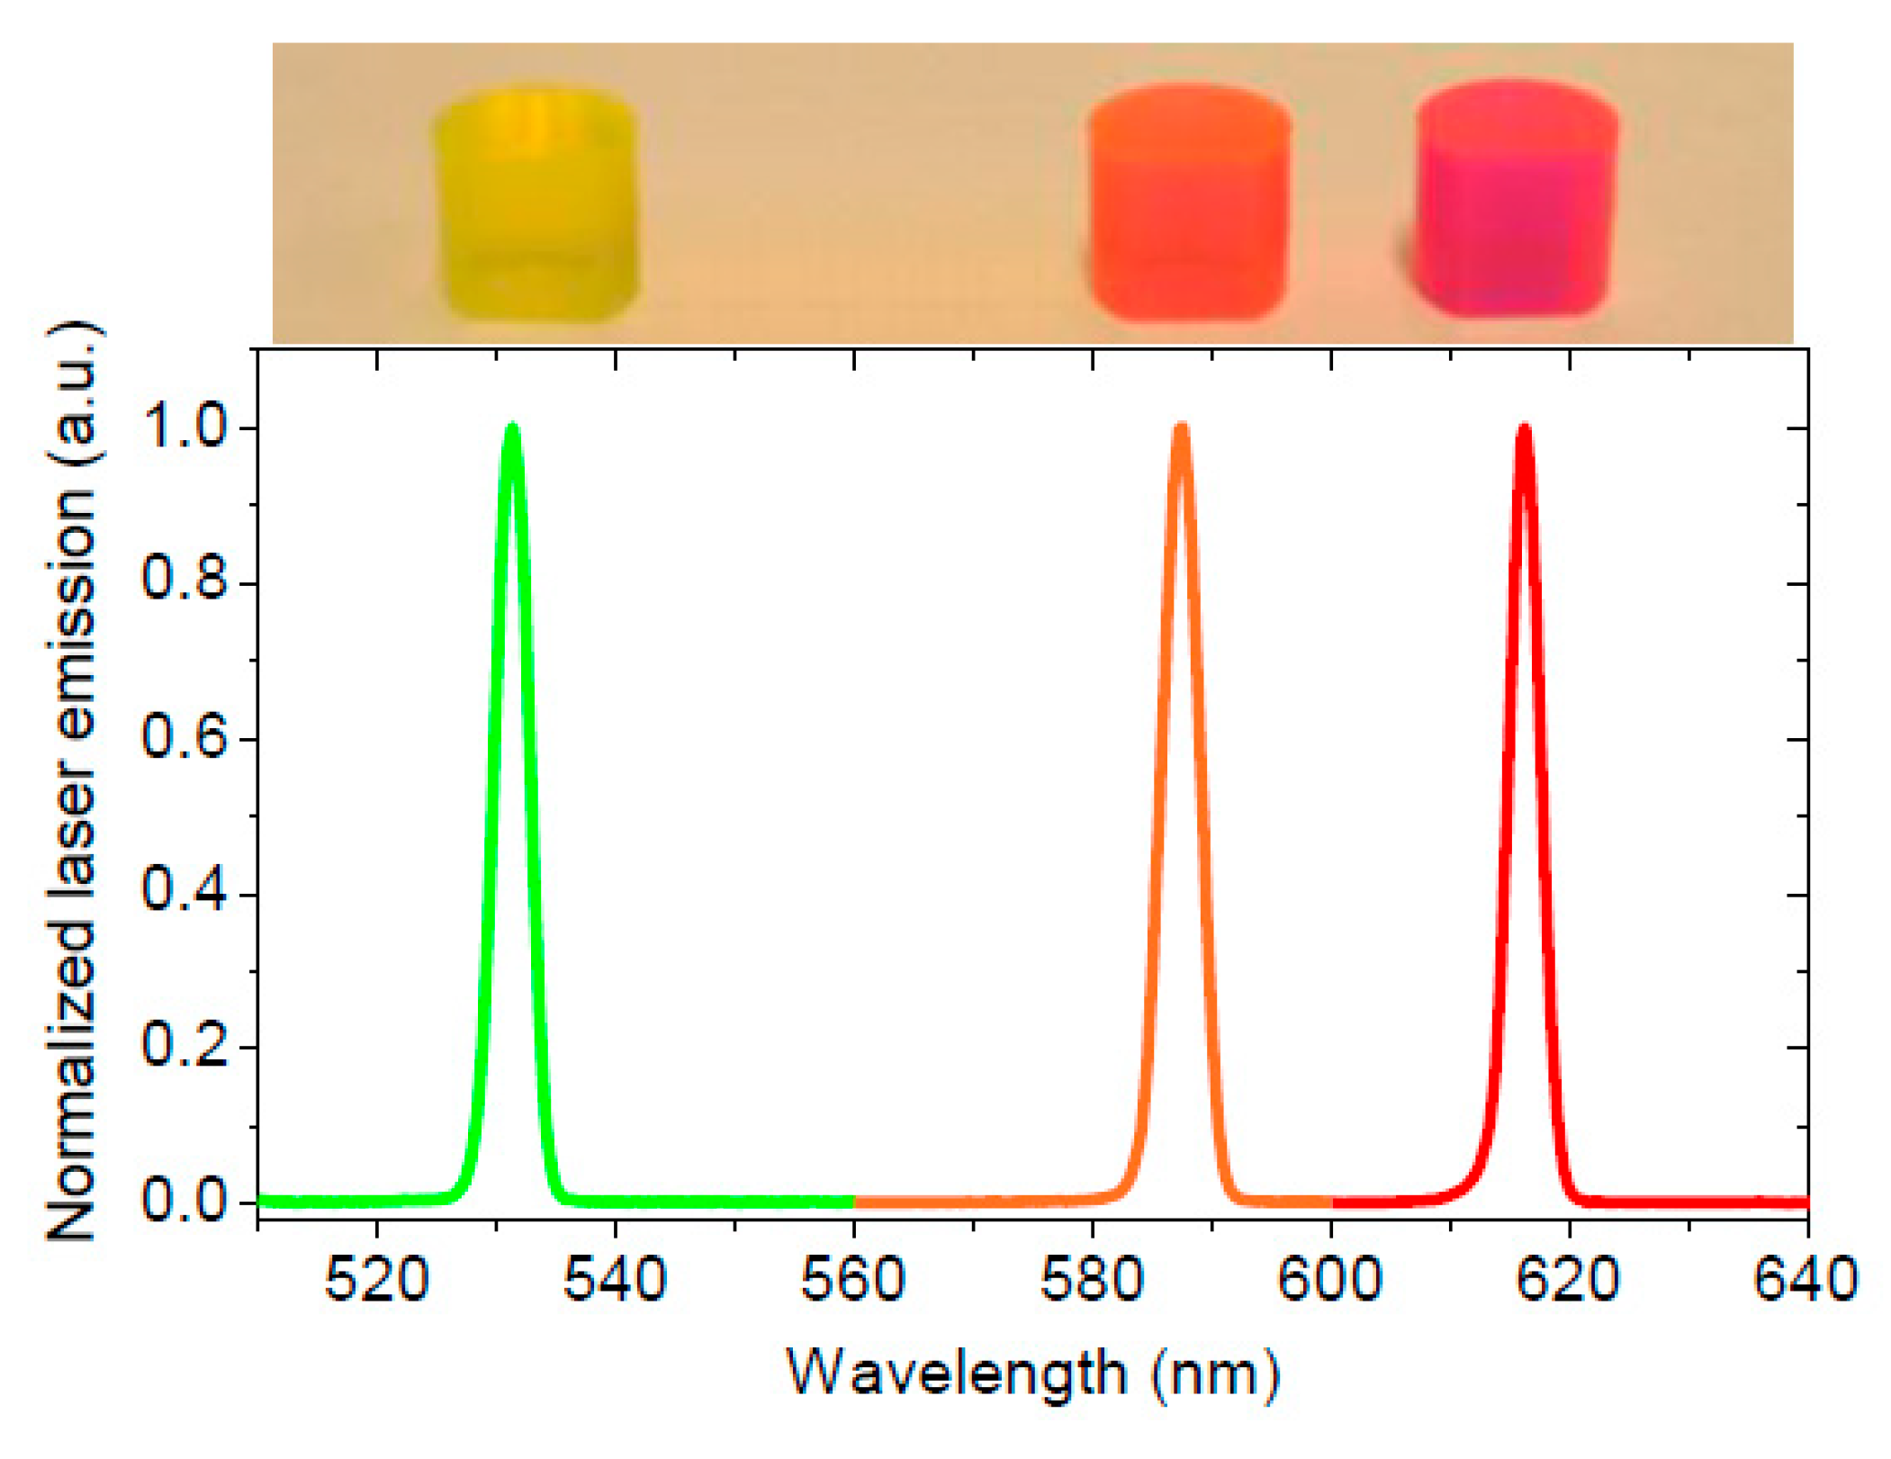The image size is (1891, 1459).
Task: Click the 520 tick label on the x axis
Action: click(x=376, y=1279)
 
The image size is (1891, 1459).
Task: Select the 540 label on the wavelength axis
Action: click(x=615, y=1279)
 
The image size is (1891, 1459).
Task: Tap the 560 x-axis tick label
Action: click(x=853, y=1279)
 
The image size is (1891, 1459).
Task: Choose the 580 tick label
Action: click(x=1092, y=1279)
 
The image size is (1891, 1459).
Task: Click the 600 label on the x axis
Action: click(x=1330, y=1279)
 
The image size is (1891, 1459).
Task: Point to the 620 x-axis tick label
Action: click(x=1569, y=1279)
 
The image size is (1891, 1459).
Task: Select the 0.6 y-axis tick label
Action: click(x=185, y=738)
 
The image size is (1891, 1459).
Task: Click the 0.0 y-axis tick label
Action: click(x=185, y=1201)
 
